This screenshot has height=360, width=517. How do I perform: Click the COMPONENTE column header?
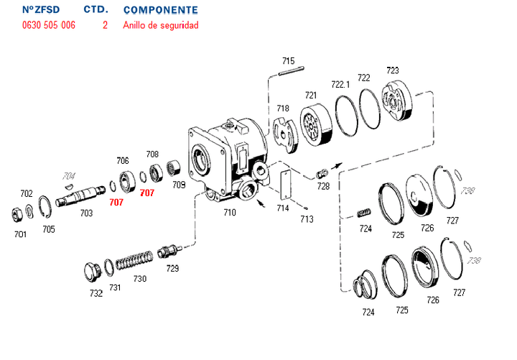pyautogui.click(x=160, y=10)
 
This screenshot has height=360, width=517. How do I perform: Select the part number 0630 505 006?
pyautogui.click(x=48, y=25)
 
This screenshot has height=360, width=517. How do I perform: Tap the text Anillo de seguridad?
pyautogui.click(x=160, y=25)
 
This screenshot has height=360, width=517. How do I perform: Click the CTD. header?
pyautogui.click(x=96, y=10)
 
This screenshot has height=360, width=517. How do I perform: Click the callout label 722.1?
pyautogui.click(x=340, y=84)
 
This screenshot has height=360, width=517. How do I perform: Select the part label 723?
pyautogui.click(x=392, y=70)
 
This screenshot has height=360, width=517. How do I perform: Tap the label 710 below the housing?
pyautogui.click(x=229, y=213)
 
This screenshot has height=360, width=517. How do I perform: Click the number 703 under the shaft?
pyautogui.click(x=86, y=213)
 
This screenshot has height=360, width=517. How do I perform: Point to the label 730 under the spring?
pyautogui.click(x=139, y=279)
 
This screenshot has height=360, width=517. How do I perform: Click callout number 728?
pyautogui.click(x=323, y=186)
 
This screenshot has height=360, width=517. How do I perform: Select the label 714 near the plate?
pyautogui.click(x=283, y=208)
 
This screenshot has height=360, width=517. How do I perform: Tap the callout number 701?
pyautogui.click(x=20, y=234)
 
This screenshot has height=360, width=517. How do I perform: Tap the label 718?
pyautogui.click(x=283, y=109)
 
